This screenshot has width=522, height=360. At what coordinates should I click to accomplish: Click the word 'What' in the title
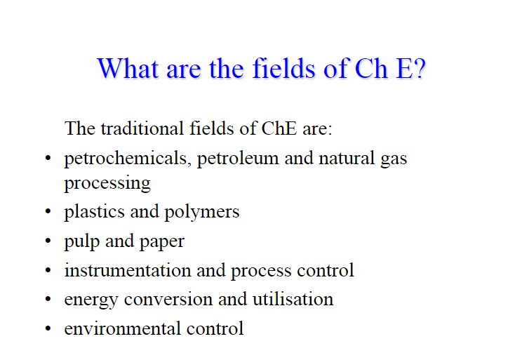[128, 68]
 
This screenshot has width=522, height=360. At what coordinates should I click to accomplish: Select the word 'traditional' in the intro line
[142, 128]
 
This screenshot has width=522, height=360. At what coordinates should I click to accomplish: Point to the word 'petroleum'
[238, 159]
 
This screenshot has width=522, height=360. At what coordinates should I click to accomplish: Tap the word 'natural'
[347, 158]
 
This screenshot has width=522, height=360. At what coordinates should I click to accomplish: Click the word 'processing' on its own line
[107, 184]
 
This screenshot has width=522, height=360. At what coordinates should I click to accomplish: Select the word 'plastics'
[95, 212]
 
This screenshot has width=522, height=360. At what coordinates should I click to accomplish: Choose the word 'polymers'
[202, 212]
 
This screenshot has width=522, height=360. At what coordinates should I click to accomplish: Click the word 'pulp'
[82, 241]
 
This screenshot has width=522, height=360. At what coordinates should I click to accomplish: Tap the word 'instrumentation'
[128, 270]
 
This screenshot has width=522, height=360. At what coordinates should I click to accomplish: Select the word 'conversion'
[168, 299]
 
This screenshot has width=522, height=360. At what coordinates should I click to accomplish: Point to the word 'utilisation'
[293, 299]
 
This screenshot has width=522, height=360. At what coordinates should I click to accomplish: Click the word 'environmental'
[123, 328]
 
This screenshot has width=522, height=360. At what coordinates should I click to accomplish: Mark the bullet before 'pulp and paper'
[48, 241]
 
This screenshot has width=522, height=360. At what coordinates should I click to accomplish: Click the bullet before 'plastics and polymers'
[48, 211]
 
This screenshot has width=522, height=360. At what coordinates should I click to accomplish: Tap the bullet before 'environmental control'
[48, 328]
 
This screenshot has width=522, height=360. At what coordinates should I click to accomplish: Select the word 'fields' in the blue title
[283, 68]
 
